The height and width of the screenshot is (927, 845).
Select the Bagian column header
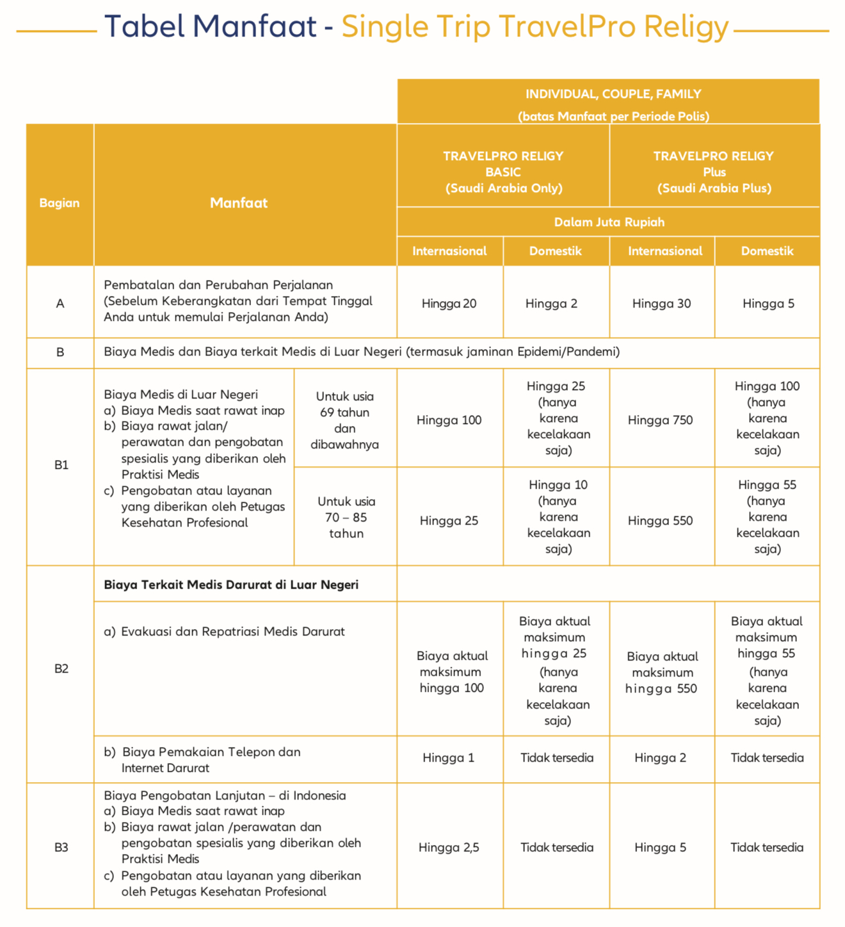pos(60,203)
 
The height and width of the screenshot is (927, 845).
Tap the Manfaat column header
pos(239,203)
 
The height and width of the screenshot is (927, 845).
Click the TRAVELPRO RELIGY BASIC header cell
pos(503,172)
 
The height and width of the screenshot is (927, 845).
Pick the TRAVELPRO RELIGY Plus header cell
pos(714,172)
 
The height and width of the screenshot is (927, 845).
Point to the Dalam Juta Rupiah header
pos(609,222)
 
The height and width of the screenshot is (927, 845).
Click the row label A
pos(60,304)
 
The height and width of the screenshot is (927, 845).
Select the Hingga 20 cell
pos(449,304)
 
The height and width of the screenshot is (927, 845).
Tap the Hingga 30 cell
pos(661,304)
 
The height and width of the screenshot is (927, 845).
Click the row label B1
pos(61,465)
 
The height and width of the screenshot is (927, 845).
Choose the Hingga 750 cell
pos(660,420)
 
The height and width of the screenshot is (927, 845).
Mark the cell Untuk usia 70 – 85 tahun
pos(346,517)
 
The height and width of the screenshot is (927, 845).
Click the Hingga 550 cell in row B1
pos(660,521)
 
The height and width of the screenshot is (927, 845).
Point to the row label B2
pos(61,669)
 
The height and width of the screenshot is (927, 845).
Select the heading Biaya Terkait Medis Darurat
pos(231,585)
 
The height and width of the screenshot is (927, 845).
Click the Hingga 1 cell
pos(448,758)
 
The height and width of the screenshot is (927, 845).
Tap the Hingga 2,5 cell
pos(449,848)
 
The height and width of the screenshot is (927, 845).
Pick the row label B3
pos(61,848)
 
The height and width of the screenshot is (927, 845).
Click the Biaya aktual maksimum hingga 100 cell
pos(451,672)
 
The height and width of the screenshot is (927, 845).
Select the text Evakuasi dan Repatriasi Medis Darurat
pos(232,632)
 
